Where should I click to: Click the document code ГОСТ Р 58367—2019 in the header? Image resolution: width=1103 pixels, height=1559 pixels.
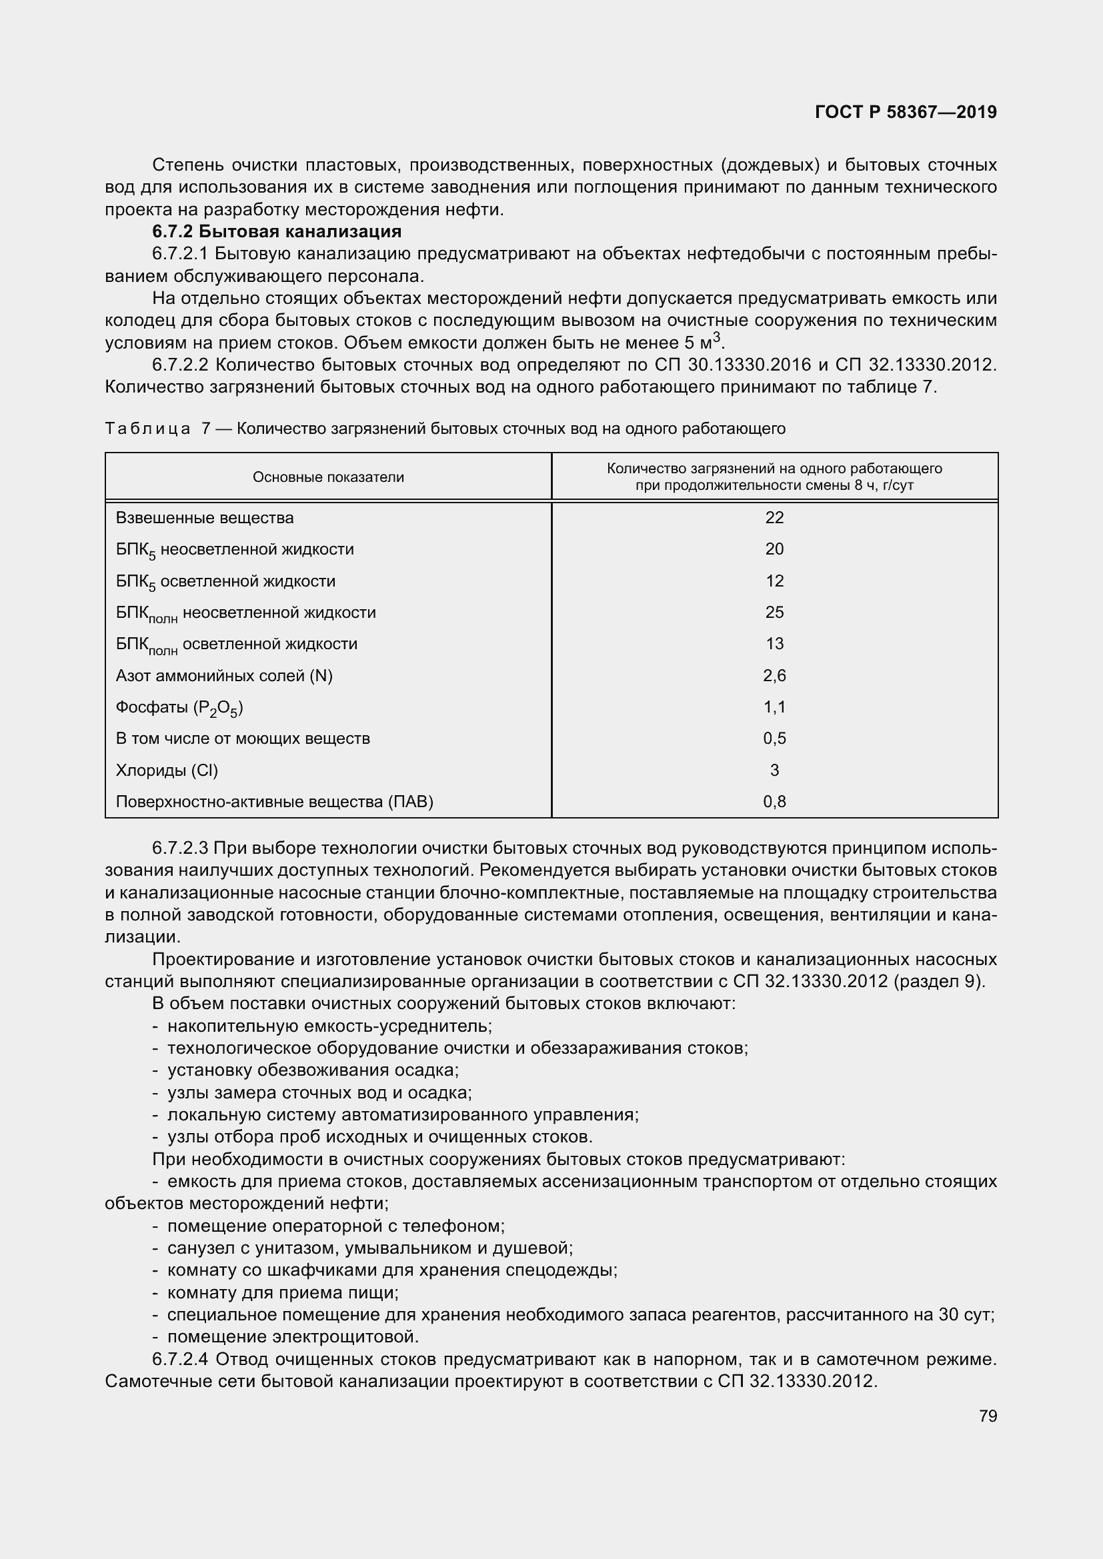906,112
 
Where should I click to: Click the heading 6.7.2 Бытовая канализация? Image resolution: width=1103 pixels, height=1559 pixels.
277,231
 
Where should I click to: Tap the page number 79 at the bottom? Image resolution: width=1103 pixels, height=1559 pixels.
988,1416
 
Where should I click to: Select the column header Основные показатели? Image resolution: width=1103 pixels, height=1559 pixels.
328,477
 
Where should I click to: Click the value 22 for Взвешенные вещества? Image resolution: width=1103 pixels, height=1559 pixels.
774,517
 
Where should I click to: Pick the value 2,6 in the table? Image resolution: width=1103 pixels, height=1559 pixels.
774,676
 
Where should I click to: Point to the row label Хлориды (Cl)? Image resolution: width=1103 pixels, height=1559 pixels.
167,770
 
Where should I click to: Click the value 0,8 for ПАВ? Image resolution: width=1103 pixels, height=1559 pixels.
774,802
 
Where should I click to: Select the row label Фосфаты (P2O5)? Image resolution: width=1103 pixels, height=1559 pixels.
179,708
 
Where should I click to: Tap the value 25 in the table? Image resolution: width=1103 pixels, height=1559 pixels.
774,613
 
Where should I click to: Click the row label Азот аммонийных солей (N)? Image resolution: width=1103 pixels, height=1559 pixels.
224,676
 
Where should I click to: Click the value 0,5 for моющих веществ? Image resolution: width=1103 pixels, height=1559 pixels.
774,739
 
